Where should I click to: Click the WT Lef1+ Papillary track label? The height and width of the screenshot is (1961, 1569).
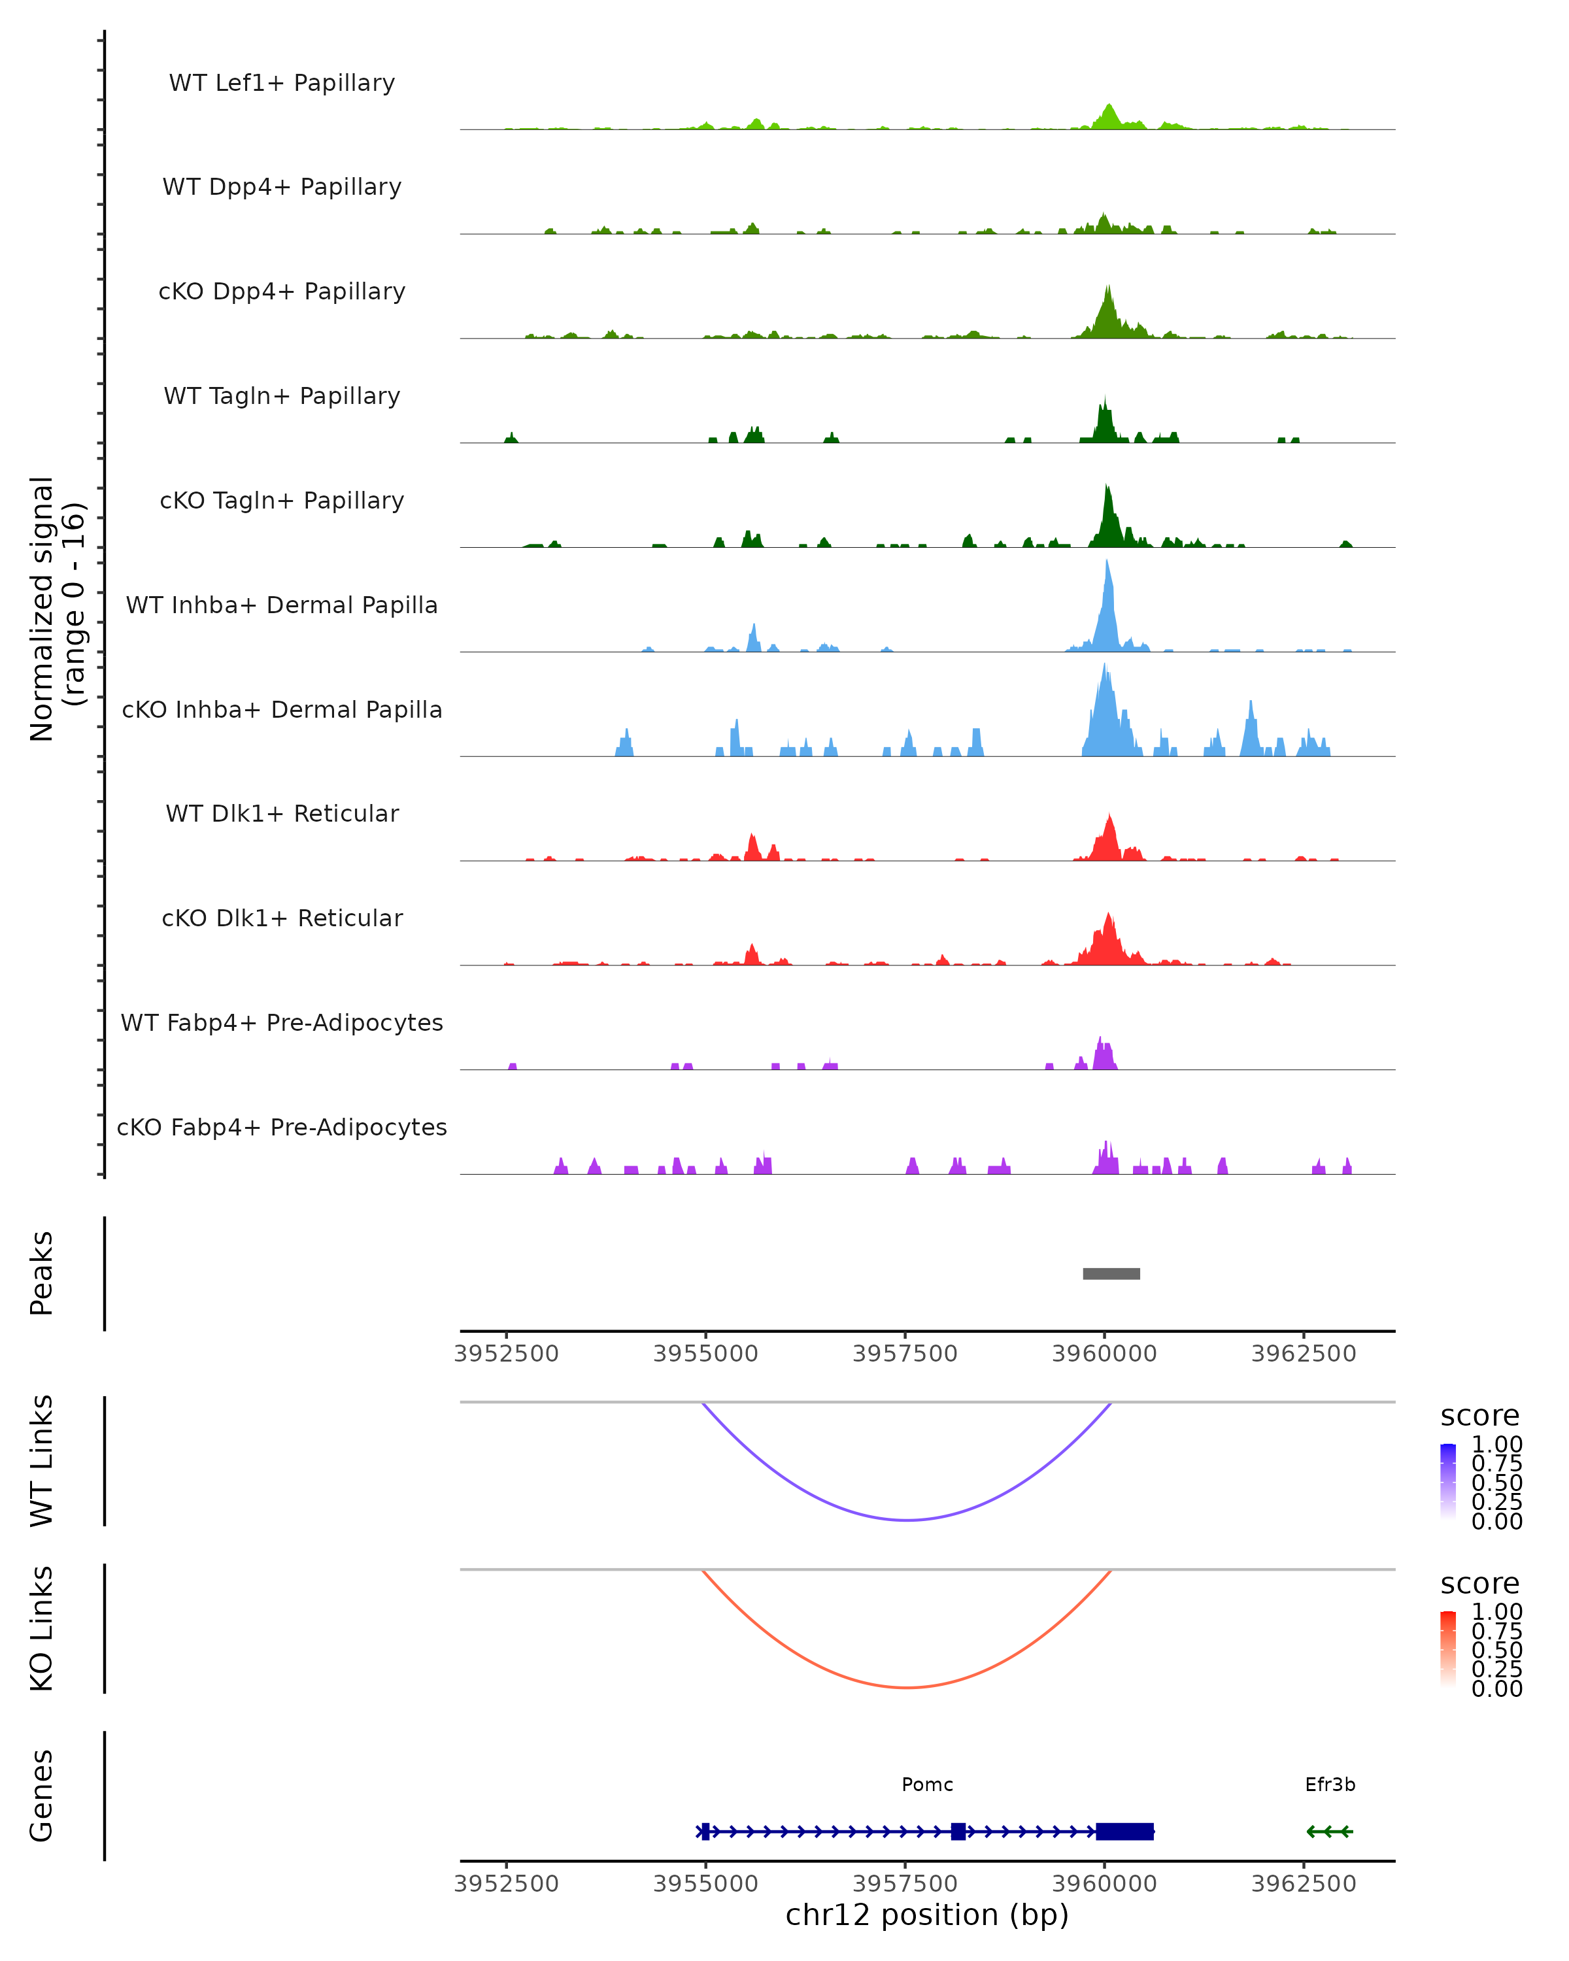pyautogui.click(x=282, y=83)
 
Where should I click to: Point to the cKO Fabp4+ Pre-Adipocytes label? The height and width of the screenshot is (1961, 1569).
pyautogui.click(x=282, y=1127)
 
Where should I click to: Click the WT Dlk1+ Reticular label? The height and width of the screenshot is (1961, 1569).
pyautogui.click(x=282, y=813)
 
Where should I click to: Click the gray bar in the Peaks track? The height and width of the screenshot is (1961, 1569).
pyautogui.click(x=1111, y=1273)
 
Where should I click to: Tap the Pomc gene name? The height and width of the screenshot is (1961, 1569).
pyautogui.click(x=927, y=1785)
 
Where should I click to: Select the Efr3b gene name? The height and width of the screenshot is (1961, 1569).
pyautogui.click(x=1330, y=1785)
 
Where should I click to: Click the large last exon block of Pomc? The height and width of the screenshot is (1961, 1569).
pyautogui.click(x=1125, y=1831)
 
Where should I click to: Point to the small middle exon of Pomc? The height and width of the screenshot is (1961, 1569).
pyautogui.click(x=958, y=1831)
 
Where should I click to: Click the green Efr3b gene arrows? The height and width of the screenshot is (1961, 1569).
pyautogui.click(x=1330, y=1831)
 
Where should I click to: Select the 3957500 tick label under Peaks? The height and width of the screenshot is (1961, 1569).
pyautogui.click(x=905, y=1354)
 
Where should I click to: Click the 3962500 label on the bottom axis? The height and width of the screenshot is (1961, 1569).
pyautogui.click(x=1304, y=1884)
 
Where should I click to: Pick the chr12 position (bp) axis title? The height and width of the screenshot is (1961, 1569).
pyautogui.click(x=927, y=1915)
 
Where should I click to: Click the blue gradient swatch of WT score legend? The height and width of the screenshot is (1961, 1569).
pyautogui.click(x=1448, y=1481)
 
